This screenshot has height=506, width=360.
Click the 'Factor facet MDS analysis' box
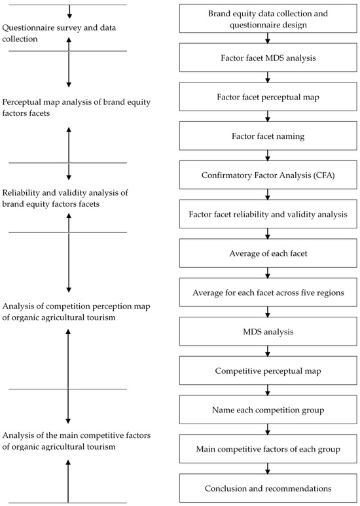click(x=268, y=58)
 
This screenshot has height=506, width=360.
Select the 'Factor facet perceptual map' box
click(x=268, y=97)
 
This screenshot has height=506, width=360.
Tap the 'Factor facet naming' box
click(x=268, y=136)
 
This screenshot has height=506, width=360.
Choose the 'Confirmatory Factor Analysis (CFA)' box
click(x=268, y=175)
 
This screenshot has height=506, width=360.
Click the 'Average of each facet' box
click(x=268, y=253)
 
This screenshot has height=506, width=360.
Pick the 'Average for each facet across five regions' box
click(x=268, y=293)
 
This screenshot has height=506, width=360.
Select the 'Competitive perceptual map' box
click(x=268, y=370)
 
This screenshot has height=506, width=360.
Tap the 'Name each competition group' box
click(x=268, y=410)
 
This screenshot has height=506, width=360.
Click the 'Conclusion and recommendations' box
click(x=268, y=488)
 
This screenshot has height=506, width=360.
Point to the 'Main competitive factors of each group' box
click(x=268, y=449)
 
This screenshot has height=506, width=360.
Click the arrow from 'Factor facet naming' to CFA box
click(x=268, y=156)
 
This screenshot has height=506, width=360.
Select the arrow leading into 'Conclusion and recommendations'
click(x=268, y=468)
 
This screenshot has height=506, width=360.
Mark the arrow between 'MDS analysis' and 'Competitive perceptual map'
click(x=268, y=351)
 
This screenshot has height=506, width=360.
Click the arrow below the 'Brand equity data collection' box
click(x=268, y=38)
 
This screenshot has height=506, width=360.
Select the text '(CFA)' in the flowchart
click(x=323, y=175)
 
